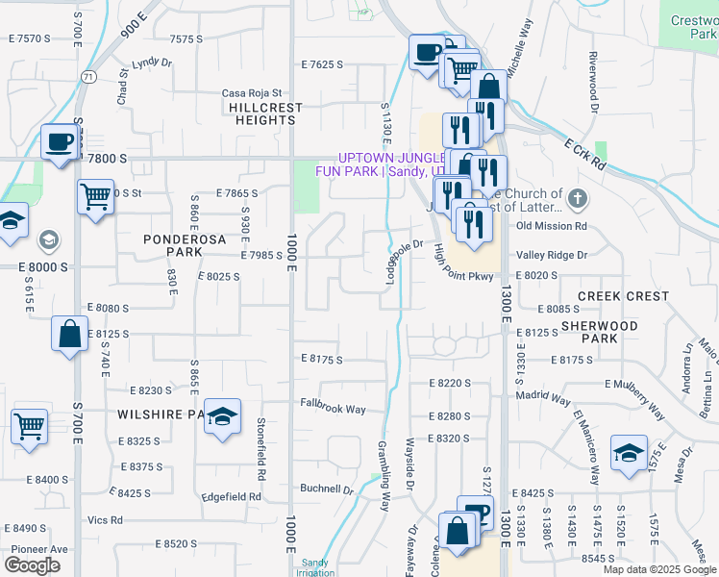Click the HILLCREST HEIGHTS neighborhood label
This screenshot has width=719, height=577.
coord(264,114)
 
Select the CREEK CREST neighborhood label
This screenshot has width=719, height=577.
coord(623,296)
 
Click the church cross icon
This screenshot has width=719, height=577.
coord(577,199)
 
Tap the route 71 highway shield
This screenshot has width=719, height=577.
coord(89,76)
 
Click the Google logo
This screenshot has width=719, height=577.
coord(32,565)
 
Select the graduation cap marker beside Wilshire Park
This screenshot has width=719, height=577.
coord(222,416)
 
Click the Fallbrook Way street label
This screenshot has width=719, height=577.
coord(333,409)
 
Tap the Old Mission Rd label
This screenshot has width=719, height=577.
coord(551,226)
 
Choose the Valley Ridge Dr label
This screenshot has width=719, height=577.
coord(551,255)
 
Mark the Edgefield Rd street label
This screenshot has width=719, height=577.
coord(231,497)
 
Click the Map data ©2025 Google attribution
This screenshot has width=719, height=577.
coord(658,569)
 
